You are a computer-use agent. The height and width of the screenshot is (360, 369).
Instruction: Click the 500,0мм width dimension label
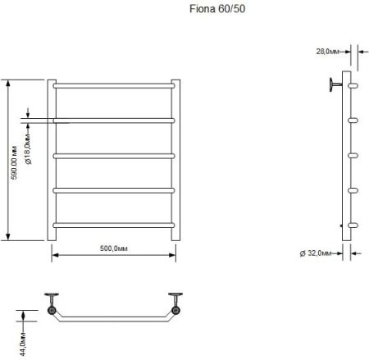[114, 247]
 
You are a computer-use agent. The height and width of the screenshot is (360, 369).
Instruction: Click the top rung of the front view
[114, 84]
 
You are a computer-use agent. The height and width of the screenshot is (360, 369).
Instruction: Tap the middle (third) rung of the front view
[114, 154]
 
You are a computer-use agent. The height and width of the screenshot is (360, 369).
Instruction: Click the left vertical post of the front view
[52, 164]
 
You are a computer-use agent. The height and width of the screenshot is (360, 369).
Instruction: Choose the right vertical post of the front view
[175, 164]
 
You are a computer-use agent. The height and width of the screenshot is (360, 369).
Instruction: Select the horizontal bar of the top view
[114, 319]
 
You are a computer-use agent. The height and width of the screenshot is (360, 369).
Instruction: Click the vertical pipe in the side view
[348, 164]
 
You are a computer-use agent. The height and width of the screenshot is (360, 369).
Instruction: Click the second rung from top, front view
[114, 119]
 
